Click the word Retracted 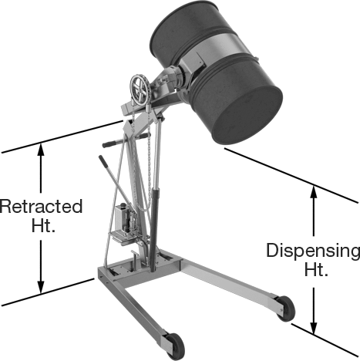click(x=41, y=206)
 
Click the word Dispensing click(x=313, y=251)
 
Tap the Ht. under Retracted click(x=43, y=225)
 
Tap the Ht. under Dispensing click(x=316, y=269)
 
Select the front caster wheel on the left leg click(x=175, y=346)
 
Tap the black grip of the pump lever click(x=103, y=161)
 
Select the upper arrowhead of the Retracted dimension click(x=41, y=150)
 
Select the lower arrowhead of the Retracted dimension click(x=41, y=287)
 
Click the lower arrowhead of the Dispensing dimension click(x=313, y=328)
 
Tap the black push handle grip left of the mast click(x=109, y=143)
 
